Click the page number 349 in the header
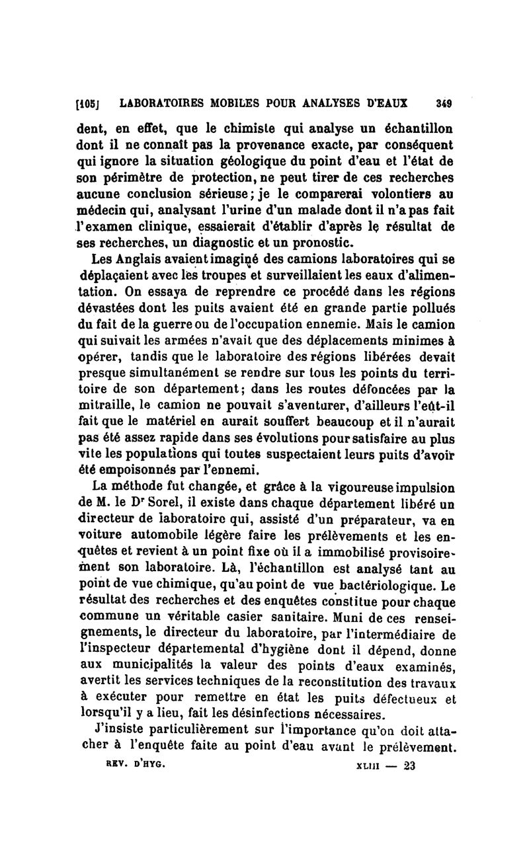click(x=443, y=104)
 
